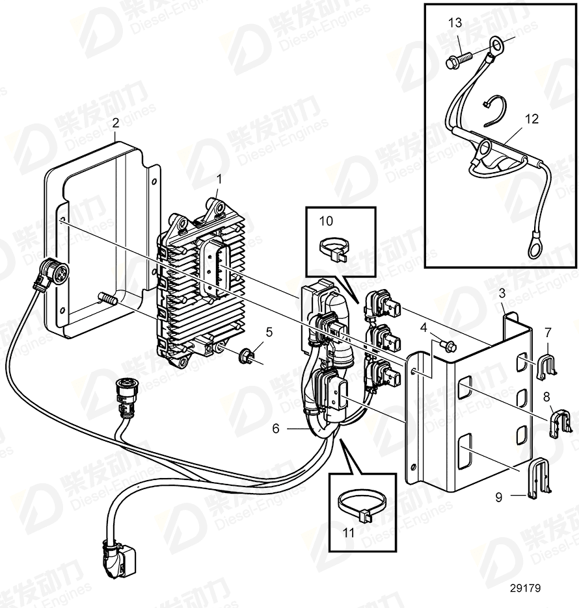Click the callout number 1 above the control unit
point(219,177)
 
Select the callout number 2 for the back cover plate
point(115,123)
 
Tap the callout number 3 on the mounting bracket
point(501,294)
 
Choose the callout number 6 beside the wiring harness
point(276,429)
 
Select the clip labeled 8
point(558,422)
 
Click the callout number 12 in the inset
point(532,119)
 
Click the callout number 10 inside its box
point(325,222)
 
